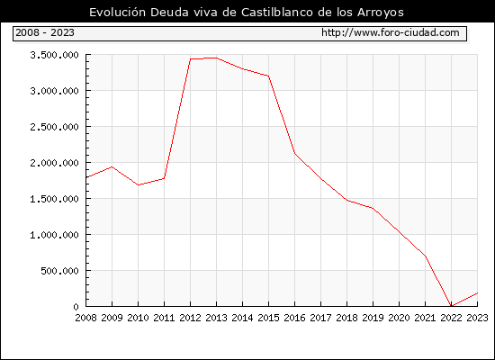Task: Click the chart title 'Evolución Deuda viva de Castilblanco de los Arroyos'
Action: [x=247, y=13]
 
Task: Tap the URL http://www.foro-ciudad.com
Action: [x=391, y=32]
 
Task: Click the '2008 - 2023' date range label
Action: [x=45, y=32]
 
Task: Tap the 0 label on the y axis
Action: [x=76, y=307]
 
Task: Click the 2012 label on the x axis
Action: [x=191, y=318]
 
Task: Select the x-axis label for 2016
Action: [x=294, y=318]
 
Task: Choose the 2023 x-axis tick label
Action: [x=477, y=318]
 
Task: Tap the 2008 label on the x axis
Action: [x=85, y=318]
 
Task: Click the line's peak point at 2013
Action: [x=216, y=58]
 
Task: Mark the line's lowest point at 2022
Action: [x=452, y=306]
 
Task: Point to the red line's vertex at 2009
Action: [x=112, y=166]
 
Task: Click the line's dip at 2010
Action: [x=139, y=185]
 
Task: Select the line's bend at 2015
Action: [x=269, y=76]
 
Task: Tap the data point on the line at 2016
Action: [x=294, y=153]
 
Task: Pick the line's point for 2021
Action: [x=426, y=256]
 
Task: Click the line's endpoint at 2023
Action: [x=477, y=293]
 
